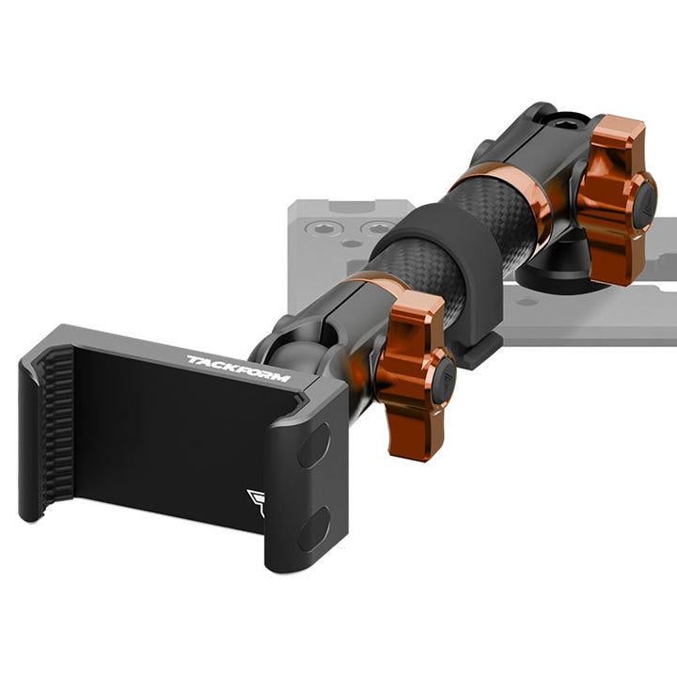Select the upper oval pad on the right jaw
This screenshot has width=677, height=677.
314,445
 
